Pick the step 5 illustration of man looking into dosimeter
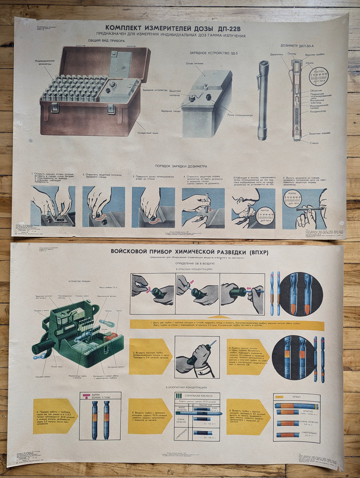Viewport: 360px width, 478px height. coord(254,208)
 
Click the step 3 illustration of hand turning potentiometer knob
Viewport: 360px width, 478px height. coord(153,207)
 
